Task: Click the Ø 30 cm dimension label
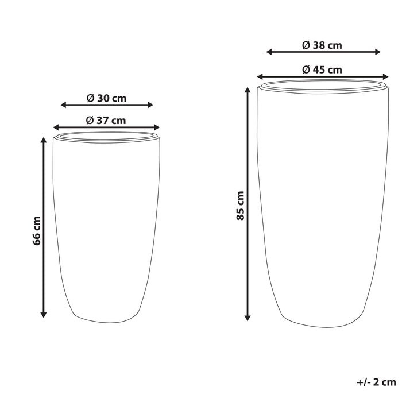tap(106, 98)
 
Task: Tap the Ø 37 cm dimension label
tap(106, 120)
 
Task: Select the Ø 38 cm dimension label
tap(322, 45)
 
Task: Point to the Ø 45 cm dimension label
tap(322, 69)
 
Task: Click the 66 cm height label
tap(37, 231)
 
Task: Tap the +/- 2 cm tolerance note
tap(376, 381)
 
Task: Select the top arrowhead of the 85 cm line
tap(248, 90)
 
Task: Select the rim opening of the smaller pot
tap(106, 136)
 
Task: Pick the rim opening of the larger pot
tap(322, 86)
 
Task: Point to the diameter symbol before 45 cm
tap(306, 69)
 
